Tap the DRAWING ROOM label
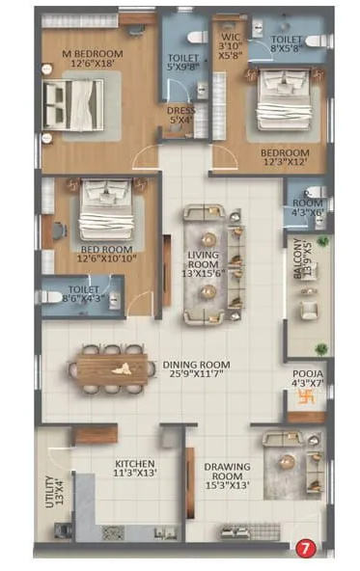click(228, 472)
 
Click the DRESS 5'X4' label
click(180, 116)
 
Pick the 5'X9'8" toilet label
click(183, 62)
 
